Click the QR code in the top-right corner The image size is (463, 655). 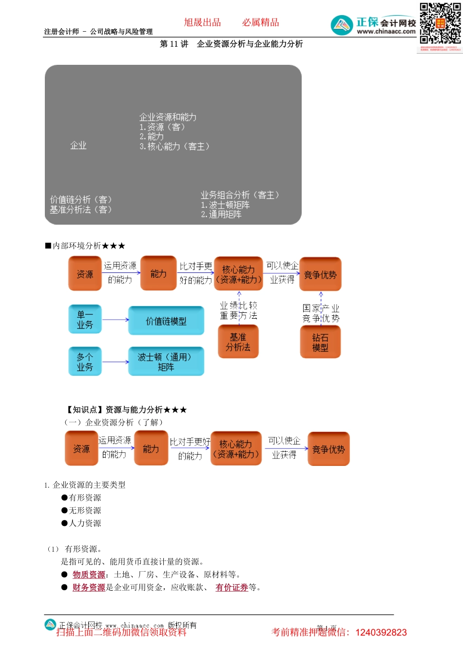coord(440,24)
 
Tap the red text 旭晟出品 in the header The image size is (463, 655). coord(202,22)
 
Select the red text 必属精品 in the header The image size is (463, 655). coord(261,22)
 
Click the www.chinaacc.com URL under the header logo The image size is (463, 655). coord(386,32)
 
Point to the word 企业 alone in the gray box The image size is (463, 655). coord(78,145)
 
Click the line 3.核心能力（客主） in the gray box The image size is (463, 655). coord(174,146)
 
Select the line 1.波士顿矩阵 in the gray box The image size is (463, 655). coord(225,205)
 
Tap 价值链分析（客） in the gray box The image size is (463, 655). coord(81,199)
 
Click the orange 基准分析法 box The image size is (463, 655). coord(238,342)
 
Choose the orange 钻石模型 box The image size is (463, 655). coord(320,343)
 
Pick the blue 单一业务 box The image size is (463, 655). coord(85,320)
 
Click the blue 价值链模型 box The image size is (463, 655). coord(166,321)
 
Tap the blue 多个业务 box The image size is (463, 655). coord(85,362)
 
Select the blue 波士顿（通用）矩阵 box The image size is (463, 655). coord(166,362)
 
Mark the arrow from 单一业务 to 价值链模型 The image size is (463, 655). coord(115,320)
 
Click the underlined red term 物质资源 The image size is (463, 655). coord(89,575)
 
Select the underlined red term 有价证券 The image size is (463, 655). coord(232,587)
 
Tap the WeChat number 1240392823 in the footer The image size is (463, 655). coord(381,633)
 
